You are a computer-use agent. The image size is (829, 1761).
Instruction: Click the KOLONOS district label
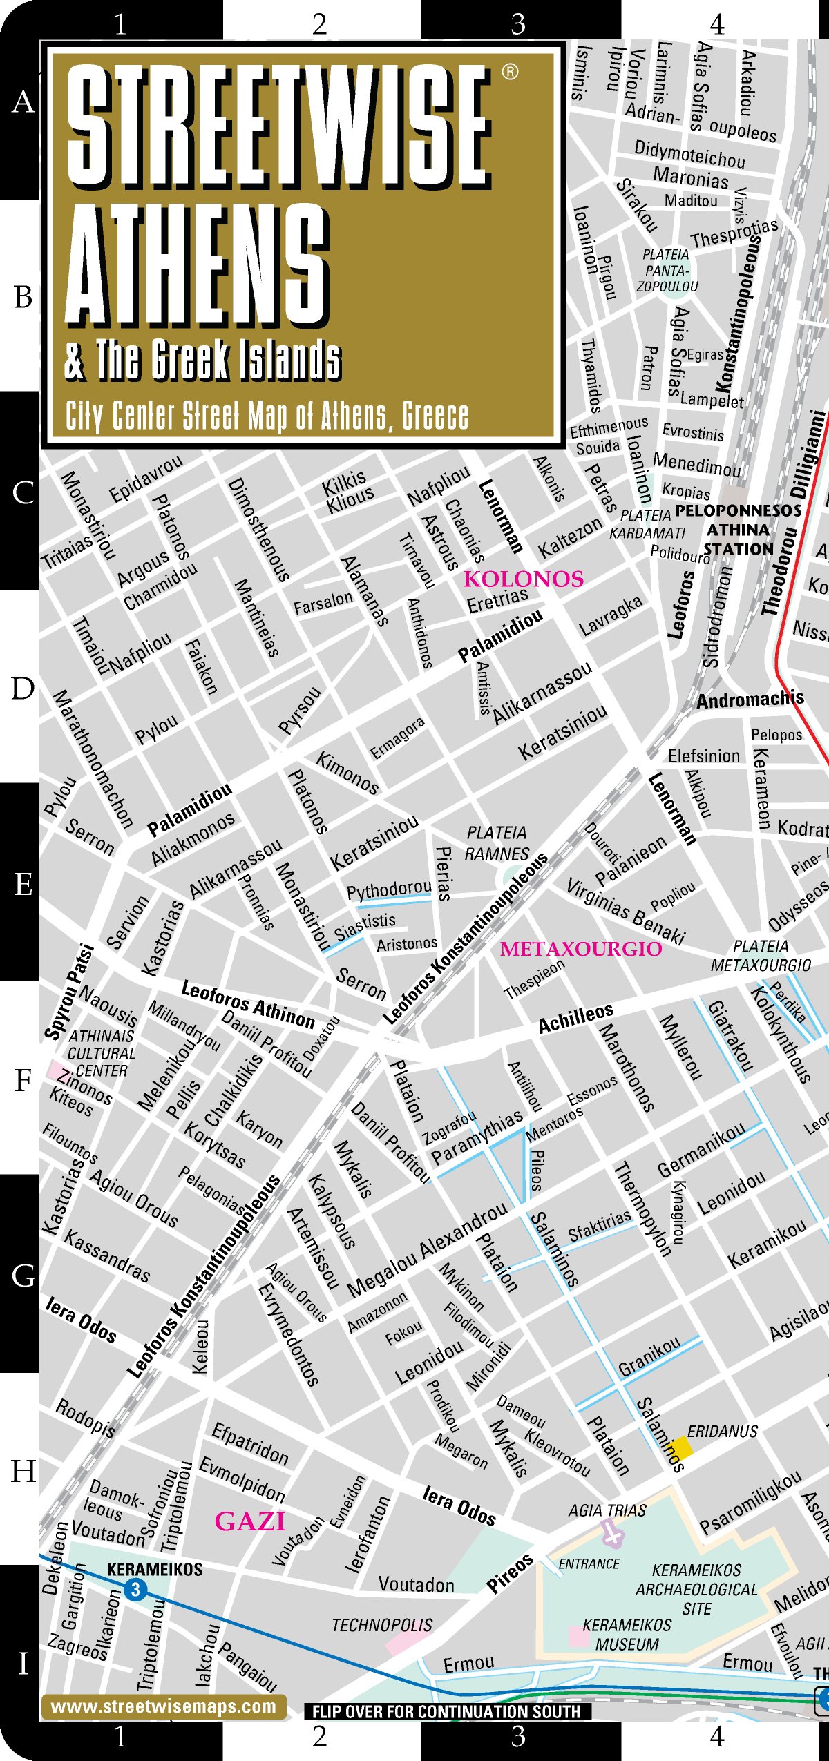click(x=524, y=579)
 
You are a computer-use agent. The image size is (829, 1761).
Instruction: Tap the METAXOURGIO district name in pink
click(x=580, y=949)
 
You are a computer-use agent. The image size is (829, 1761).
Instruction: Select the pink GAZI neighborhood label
click(x=250, y=1521)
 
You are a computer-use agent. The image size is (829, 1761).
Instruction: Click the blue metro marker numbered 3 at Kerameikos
click(x=135, y=1590)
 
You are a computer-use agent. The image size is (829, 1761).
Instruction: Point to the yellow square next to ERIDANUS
click(x=682, y=1446)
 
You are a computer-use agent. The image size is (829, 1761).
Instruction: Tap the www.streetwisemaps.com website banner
click(x=164, y=1706)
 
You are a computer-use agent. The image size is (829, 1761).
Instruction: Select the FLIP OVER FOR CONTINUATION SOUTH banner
click(x=447, y=1711)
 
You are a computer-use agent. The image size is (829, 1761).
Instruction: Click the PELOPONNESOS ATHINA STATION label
click(x=738, y=530)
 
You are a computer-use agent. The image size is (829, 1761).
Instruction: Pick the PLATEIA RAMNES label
click(x=497, y=843)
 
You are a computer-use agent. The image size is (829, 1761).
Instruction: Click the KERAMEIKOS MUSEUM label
click(x=627, y=1635)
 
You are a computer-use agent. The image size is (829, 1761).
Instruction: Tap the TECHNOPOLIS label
click(x=382, y=1625)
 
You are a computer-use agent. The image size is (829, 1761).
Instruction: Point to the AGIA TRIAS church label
click(x=607, y=1510)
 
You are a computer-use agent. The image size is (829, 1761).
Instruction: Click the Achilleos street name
click(x=575, y=1019)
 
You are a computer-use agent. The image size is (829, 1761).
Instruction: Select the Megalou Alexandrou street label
click(x=427, y=1250)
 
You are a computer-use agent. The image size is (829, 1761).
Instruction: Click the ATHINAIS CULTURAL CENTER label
click(x=101, y=1053)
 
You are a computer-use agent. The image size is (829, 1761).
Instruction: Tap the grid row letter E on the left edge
click(x=23, y=884)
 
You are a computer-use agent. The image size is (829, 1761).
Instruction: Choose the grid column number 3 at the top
click(x=518, y=25)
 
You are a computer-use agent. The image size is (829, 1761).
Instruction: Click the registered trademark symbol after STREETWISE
click(x=510, y=72)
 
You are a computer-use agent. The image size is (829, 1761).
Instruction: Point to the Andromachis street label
click(x=750, y=700)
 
